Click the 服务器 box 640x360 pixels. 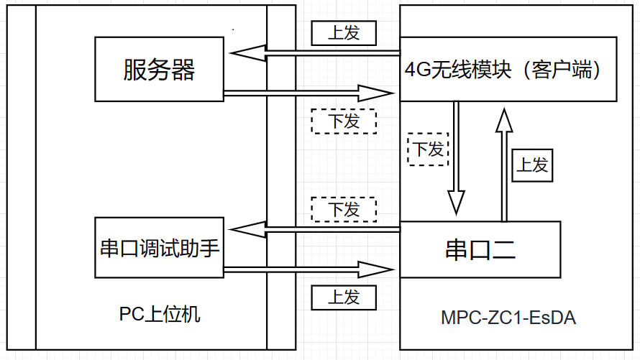(x=159, y=69)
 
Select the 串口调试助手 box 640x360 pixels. (x=159, y=249)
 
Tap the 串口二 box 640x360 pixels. (x=480, y=249)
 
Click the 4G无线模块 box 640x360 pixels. (x=508, y=69)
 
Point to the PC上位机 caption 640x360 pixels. (x=160, y=315)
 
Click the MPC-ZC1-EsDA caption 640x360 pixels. (x=508, y=318)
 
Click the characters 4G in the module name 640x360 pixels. (x=415, y=70)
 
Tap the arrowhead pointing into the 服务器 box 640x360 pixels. (x=244, y=53)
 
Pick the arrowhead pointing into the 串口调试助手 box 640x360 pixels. (x=244, y=230)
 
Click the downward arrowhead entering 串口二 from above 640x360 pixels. (x=456, y=202)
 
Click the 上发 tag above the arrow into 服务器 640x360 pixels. (x=344, y=32)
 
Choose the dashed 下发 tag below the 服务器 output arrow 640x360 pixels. (x=344, y=121)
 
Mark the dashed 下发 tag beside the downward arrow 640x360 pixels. (x=428, y=149)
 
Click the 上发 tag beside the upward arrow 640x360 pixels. (x=533, y=165)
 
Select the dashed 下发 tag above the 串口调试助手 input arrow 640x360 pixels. (x=344, y=209)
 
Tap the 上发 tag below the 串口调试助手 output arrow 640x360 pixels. (x=344, y=297)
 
